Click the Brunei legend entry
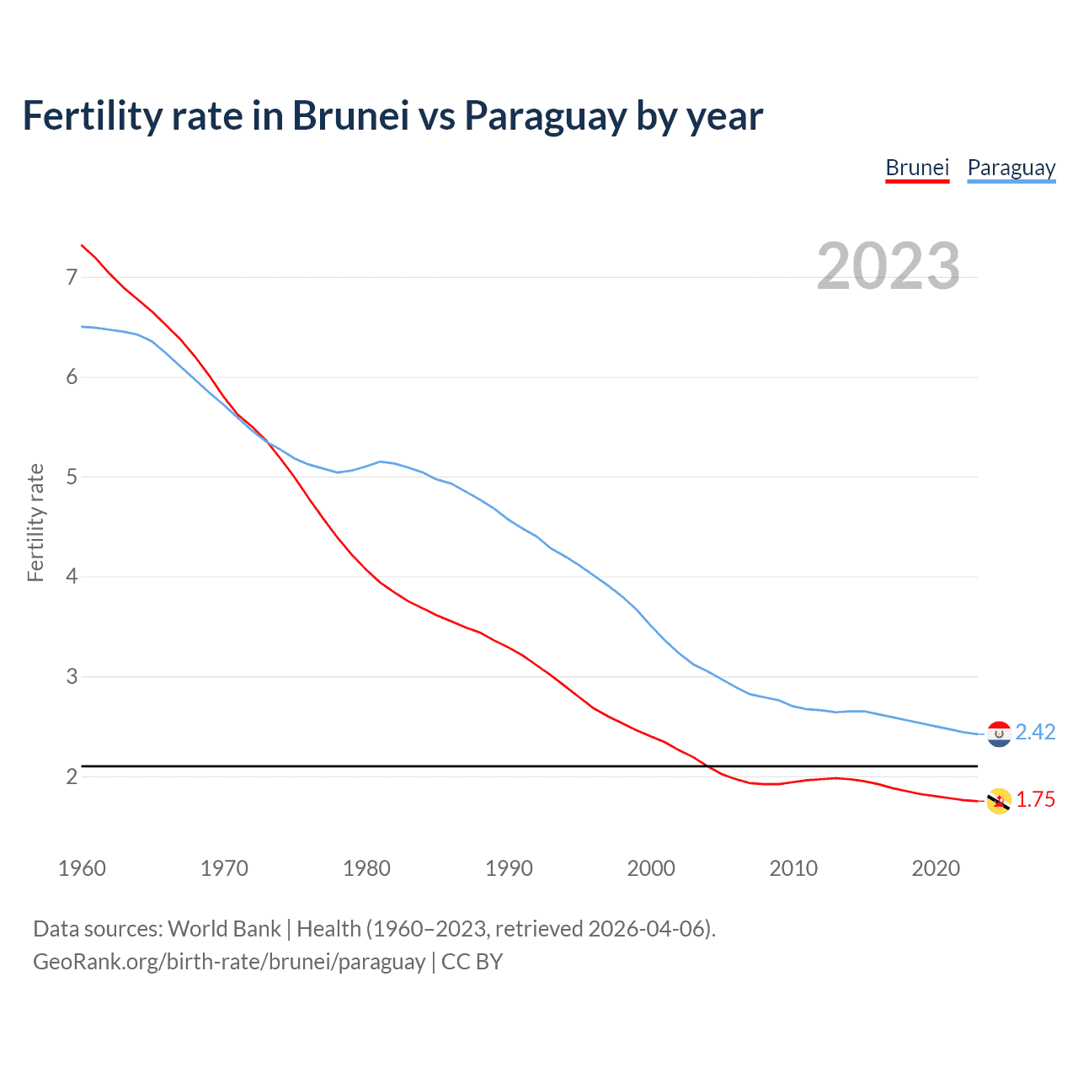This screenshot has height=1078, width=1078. tap(917, 168)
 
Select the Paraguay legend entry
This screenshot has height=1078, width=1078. tap(1011, 168)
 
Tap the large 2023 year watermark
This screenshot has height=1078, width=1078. tap(888, 266)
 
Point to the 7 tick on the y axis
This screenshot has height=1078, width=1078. tap(72, 277)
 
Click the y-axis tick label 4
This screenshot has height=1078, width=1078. tap(72, 577)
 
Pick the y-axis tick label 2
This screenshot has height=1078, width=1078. tap(72, 776)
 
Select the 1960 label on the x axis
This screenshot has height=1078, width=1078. tap(82, 868)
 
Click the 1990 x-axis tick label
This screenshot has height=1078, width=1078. tap(509, 868)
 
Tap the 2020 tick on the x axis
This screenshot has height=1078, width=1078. tap(936, 868)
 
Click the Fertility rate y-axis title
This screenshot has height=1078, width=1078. tap(35, 522)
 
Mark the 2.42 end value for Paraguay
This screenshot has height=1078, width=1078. tap(1035, 733)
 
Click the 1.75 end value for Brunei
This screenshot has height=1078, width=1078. tap(1035, 800)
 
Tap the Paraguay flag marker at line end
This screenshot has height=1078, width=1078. tap(999, 734)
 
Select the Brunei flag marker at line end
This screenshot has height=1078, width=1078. tap(999, 801)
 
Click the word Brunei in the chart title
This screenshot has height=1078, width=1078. tap(350, 116)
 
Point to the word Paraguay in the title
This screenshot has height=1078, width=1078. tap(545, 116)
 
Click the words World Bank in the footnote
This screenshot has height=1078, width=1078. tap(224, 929)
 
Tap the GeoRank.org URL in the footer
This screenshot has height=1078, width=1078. tap(229, 962)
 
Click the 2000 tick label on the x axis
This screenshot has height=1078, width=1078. tap(651, 868)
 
